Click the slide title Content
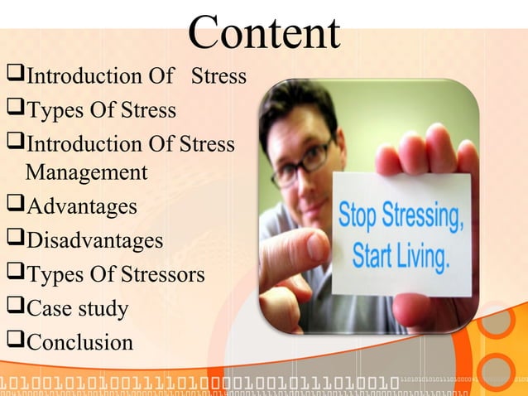264,33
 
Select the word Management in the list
86,173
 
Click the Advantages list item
82,206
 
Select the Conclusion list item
79,343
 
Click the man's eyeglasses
302,161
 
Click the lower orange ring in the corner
497,370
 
